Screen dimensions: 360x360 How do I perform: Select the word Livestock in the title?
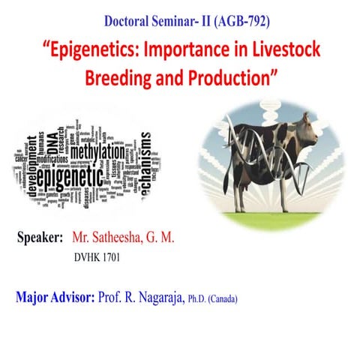(x=279, y=52)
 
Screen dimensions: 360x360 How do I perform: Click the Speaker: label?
(x=38, y=238)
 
